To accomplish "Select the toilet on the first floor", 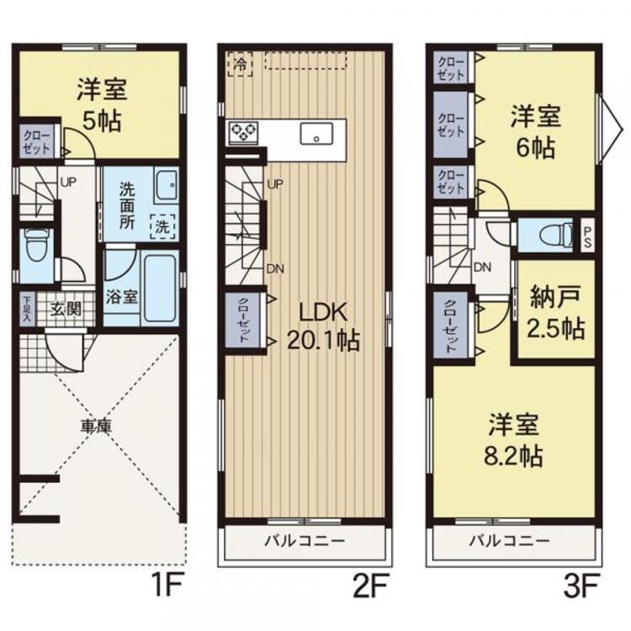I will click(35, 245).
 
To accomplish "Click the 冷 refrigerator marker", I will click(241, 64).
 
